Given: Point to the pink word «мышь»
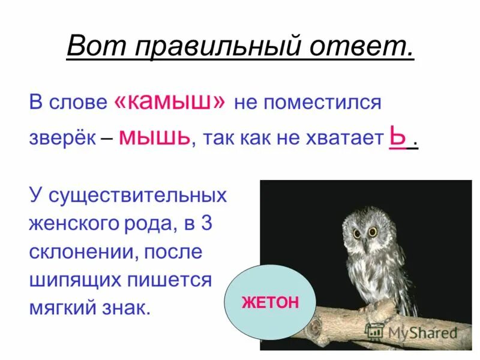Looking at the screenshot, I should (155, 137).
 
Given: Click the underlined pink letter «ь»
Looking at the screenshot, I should (396, 137).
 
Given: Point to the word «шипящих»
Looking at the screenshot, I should (75, 280).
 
